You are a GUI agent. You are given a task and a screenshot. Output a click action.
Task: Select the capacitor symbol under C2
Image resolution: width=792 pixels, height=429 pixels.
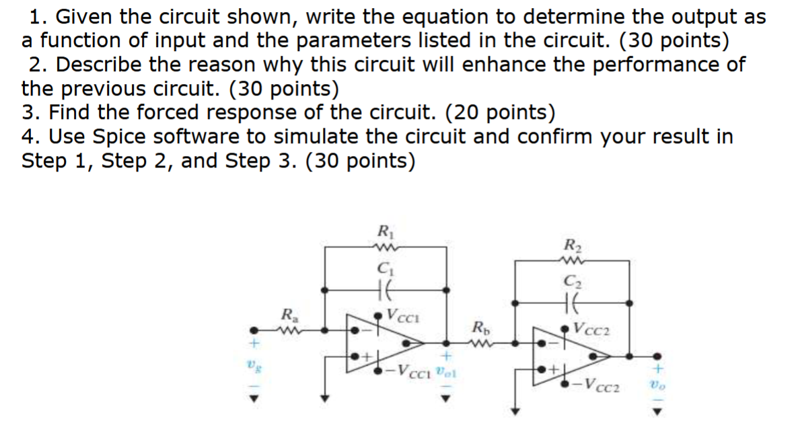click(571, 304)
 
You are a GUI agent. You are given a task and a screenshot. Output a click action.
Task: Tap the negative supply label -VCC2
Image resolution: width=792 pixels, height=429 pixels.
click(600, 386)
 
